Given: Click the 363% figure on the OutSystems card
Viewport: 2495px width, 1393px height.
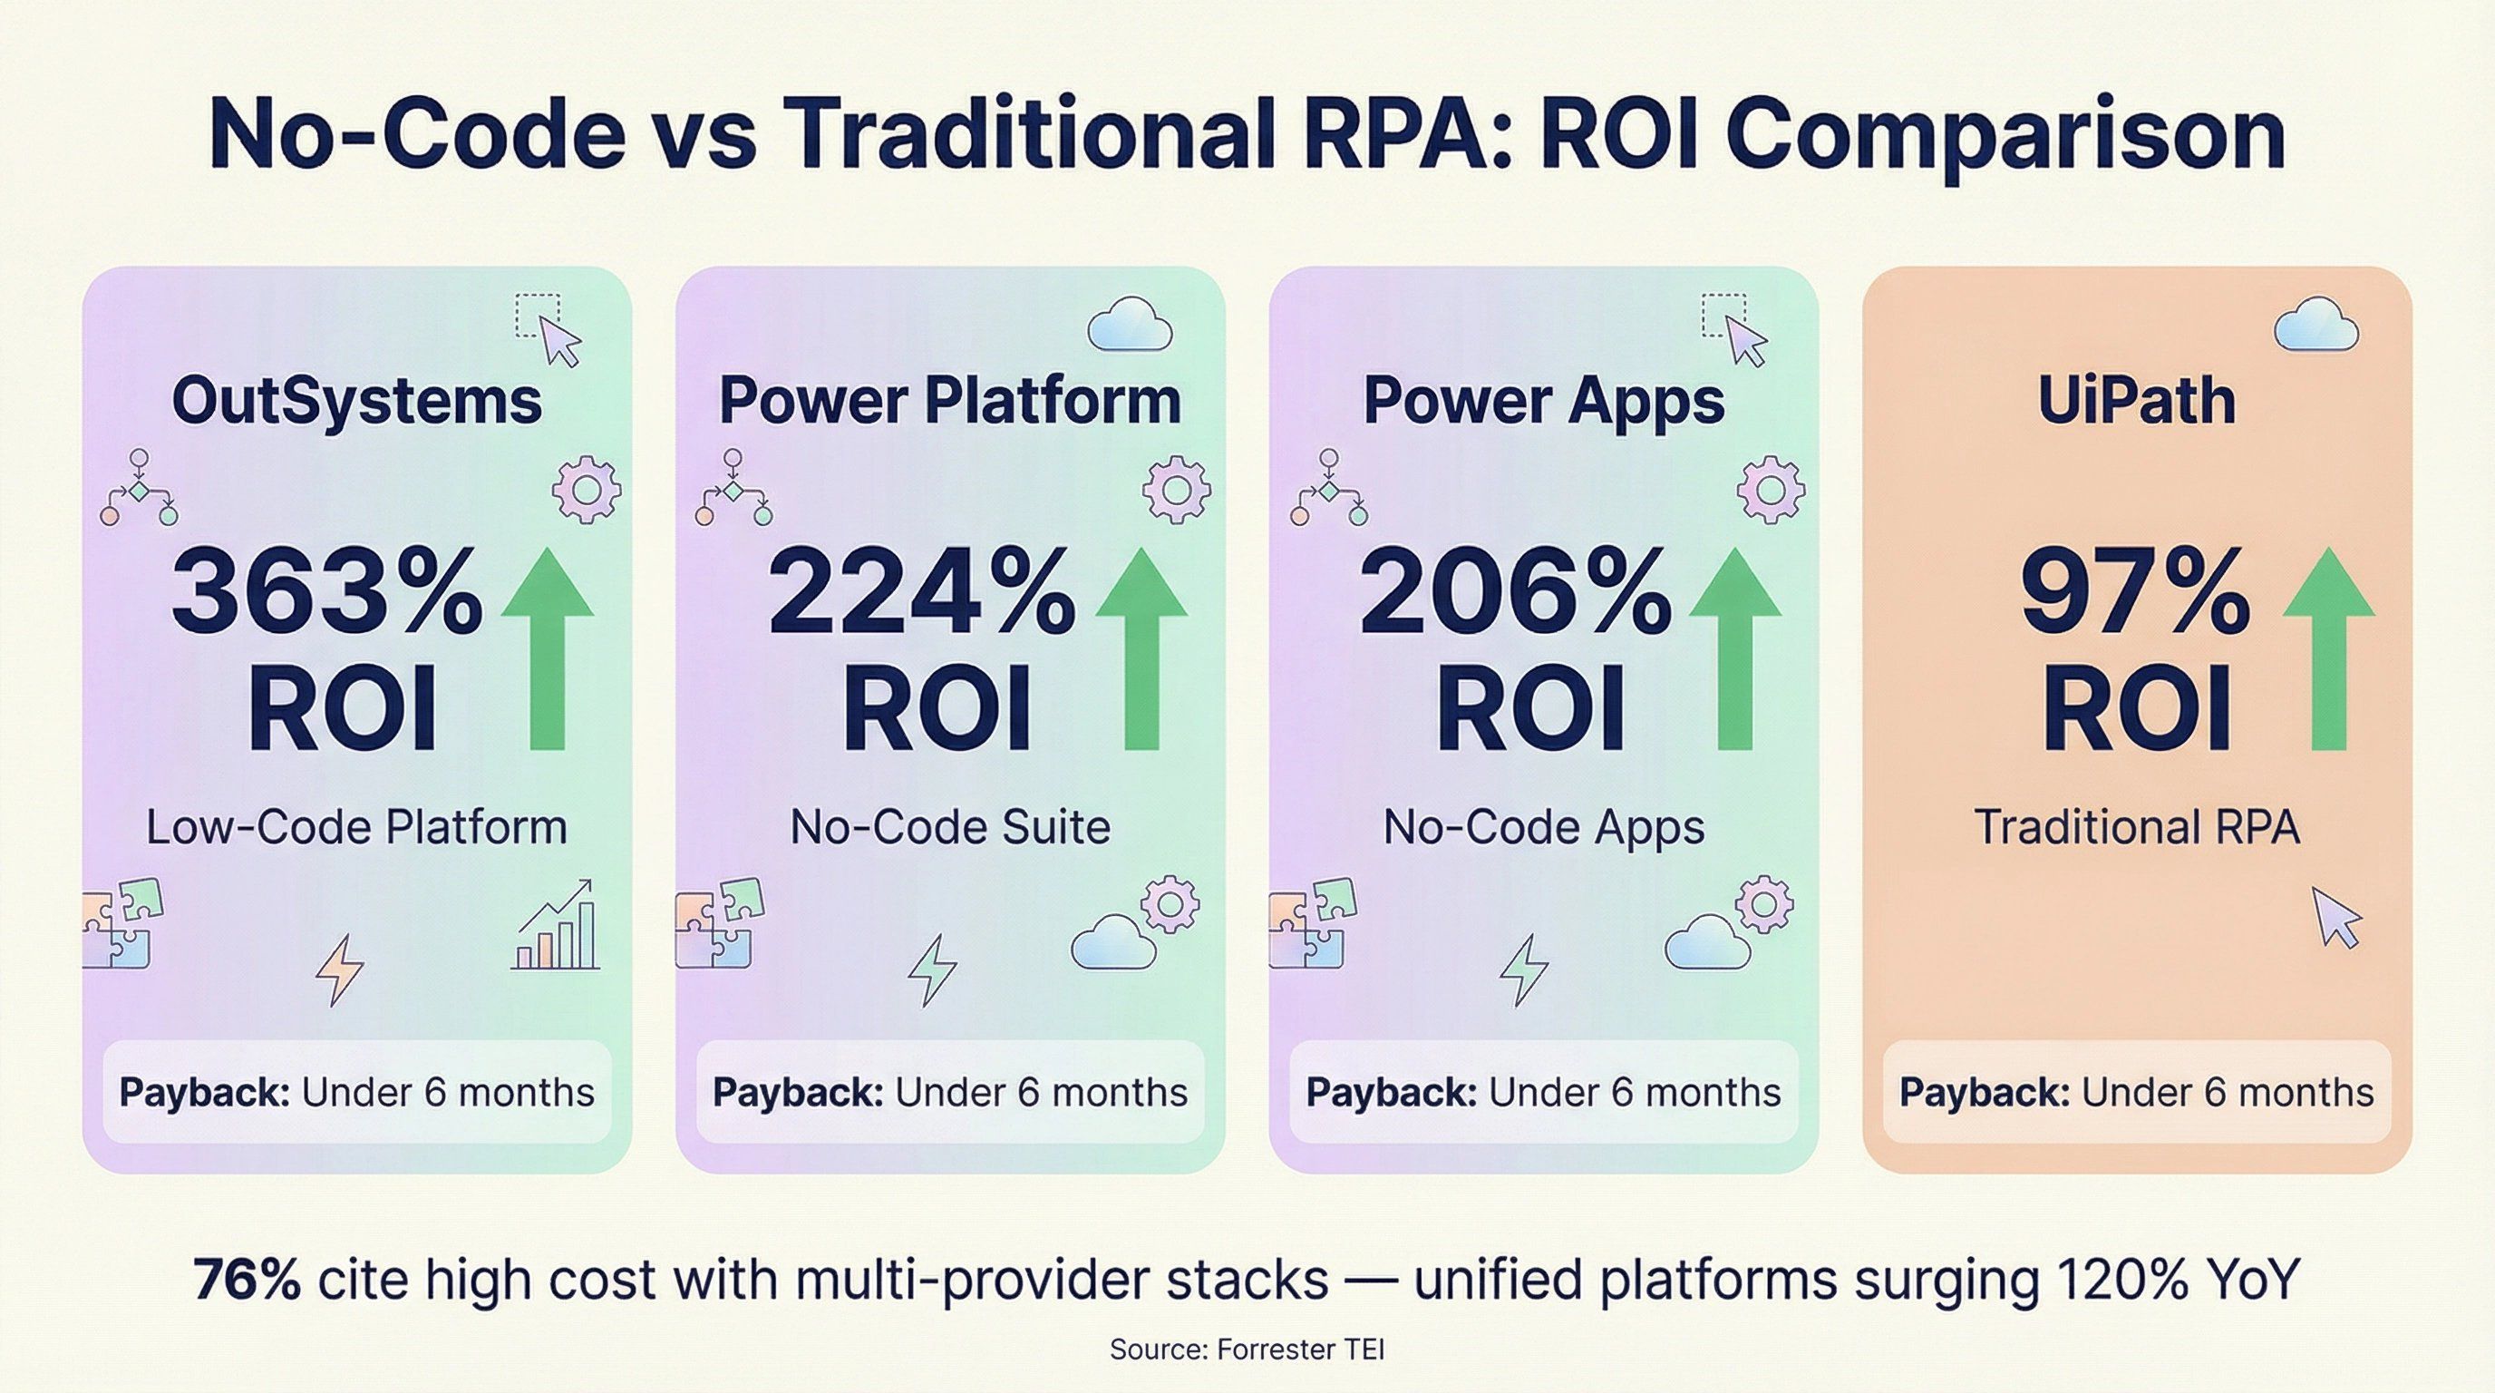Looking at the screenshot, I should pos(326,591).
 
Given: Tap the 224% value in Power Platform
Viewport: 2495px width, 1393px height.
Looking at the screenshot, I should pos(921,591).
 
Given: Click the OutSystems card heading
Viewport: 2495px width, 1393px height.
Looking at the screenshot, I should pos(356,400).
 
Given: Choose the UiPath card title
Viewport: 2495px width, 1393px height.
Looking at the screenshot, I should pos(2137,400).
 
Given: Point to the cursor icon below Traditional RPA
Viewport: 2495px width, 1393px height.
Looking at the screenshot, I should pos(2336,916).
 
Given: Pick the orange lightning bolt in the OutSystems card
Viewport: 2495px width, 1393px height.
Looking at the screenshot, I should pos(340,969).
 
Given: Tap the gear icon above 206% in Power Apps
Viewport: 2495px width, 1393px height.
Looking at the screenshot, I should pos(1772,490).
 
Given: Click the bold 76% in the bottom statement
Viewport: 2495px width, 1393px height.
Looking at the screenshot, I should pos(247,1281).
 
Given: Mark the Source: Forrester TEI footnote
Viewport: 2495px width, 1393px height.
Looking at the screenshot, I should pos(1247,1349).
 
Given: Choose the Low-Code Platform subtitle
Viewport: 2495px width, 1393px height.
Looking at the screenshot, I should pos(356,827).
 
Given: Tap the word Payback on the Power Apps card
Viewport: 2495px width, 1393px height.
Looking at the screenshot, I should pos(1391,1093).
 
